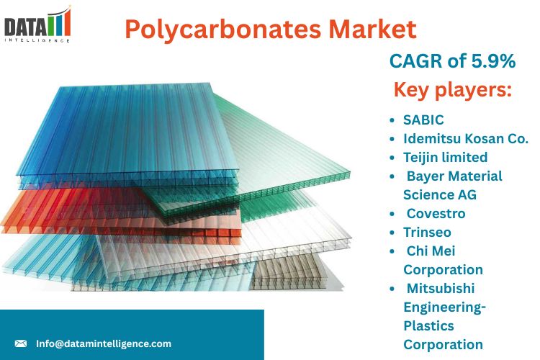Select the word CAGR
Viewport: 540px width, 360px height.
pyautogui.click(x=415, y=62)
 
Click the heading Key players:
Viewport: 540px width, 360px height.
pyautogui.click(x=452, y=91)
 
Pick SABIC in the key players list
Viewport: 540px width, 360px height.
pyautogui.click(x=423, y=120)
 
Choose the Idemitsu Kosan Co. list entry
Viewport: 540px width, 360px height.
pyautogui.click(x=466, y=138)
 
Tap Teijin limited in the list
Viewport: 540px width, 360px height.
pyautogui.click(x=445, y=157)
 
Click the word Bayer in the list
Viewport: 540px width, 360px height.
pyautogui.click(x=427, y=176)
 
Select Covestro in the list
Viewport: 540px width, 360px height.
pyautogui.click(x=436, y=213)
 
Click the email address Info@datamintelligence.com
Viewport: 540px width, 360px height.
pyautogui.click(x=104, y=343)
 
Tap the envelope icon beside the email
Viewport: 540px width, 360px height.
pyautogui.click(x=21, y=343)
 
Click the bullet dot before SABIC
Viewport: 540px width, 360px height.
pyautogui.click(x=391, y=120)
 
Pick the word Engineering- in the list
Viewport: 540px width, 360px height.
pyautogui.click(x=444, y=307)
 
